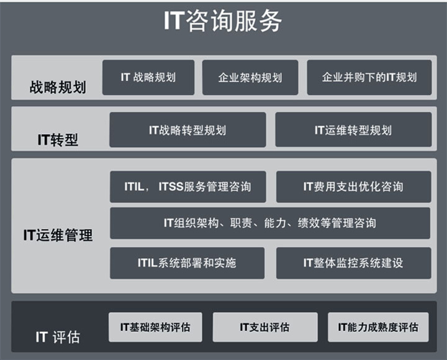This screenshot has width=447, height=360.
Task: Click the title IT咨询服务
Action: [223, 21]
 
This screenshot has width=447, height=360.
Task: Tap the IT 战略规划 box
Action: [148, 78]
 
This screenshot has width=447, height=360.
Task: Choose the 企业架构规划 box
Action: [250, 78]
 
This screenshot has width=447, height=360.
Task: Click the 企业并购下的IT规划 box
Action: [369, 78]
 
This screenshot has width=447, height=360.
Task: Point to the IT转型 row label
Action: [58, 140]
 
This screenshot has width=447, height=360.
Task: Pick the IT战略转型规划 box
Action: [187, 130]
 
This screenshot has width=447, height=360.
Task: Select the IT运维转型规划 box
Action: [353, 130]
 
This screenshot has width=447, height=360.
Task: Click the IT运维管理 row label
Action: [58, 235]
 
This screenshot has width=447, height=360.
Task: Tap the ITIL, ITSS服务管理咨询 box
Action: [187, 186]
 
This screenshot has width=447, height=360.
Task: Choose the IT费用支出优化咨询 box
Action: [353, 186]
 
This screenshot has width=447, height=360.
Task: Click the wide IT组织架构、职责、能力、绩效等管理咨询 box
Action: [270, 223]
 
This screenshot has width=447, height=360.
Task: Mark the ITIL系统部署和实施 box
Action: [187, 263]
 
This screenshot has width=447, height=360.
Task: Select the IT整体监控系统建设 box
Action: [353, 263]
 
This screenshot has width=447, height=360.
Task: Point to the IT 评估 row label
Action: [58, 337]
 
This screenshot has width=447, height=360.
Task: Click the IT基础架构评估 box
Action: [155, 326]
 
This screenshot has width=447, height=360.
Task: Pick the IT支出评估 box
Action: [264, 326]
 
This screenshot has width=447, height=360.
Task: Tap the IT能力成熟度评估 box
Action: [378, 326]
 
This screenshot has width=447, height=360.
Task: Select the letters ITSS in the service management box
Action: [171, 186]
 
